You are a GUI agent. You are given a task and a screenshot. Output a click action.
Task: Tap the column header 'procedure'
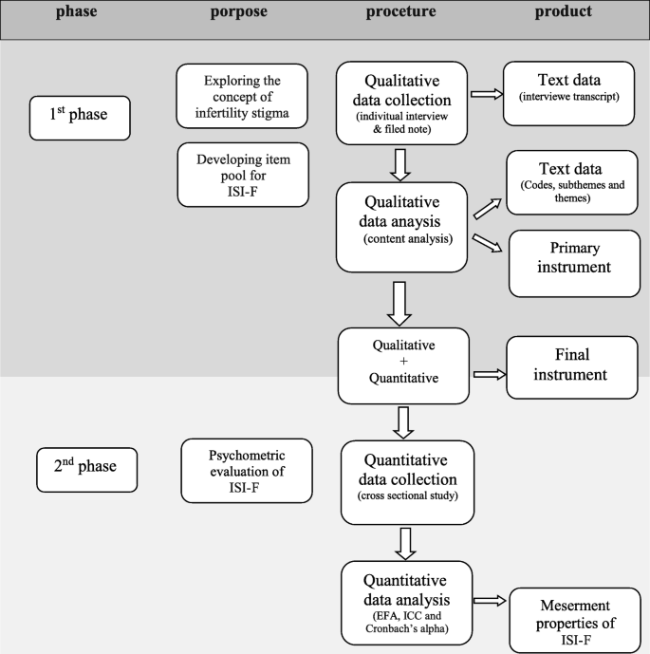pos(404,12)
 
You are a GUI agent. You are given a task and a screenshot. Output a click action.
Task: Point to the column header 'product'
pos(564,12)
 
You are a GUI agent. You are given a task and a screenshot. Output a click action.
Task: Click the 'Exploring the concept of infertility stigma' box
pos(243,95)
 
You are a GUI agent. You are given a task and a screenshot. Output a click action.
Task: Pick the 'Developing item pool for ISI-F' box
pos(243,175)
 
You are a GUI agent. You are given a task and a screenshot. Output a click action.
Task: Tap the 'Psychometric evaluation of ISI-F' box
pos(246,471)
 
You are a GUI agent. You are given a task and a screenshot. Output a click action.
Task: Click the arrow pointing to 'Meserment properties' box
pos(491,600)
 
